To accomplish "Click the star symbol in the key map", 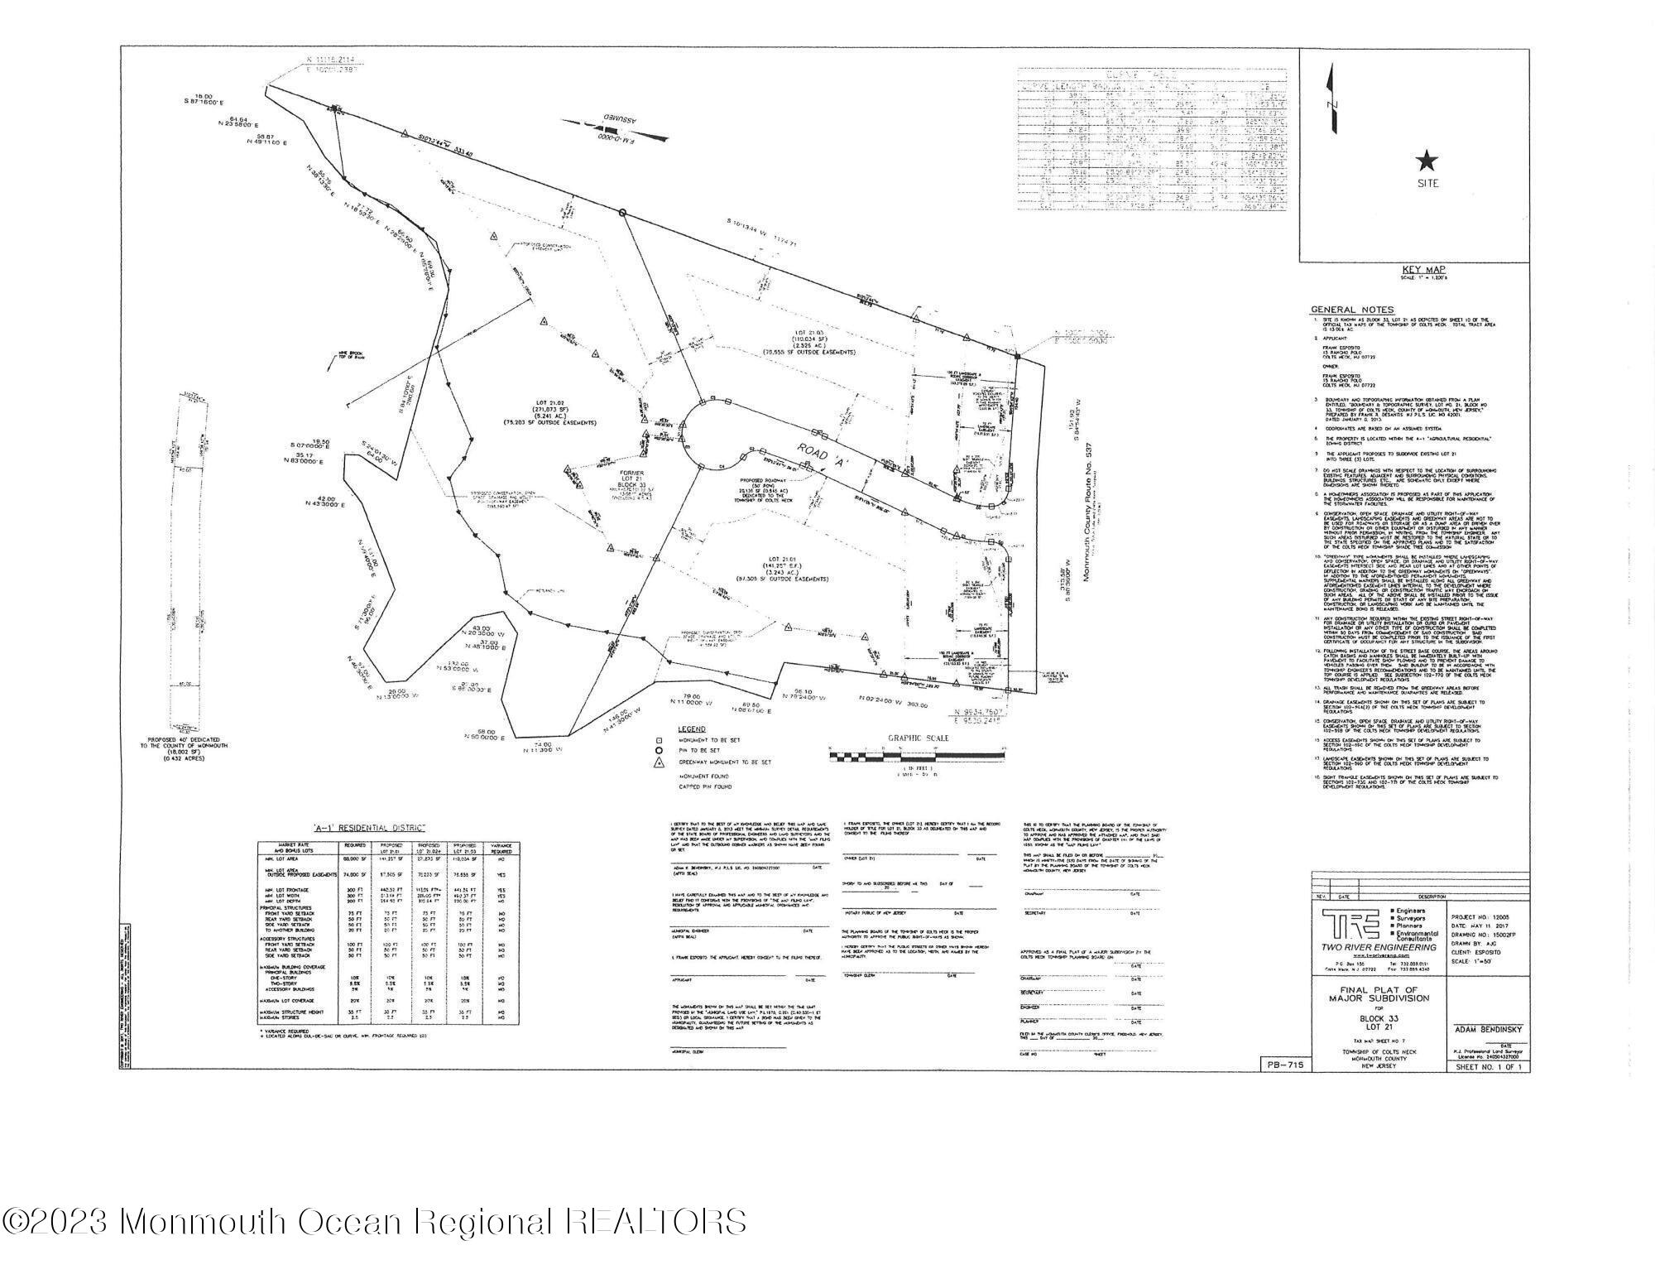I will coord(1427,161).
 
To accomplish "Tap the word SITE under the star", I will coord(1427,184).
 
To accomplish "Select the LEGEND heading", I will coord(692,728).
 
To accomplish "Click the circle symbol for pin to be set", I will coord(660,751).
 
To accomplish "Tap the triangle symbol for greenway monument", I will coord(660,762).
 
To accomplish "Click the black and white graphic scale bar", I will coord(916,755).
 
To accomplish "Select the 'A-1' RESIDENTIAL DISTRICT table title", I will coord(369,828).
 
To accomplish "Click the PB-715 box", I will coord(1284,1065).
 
